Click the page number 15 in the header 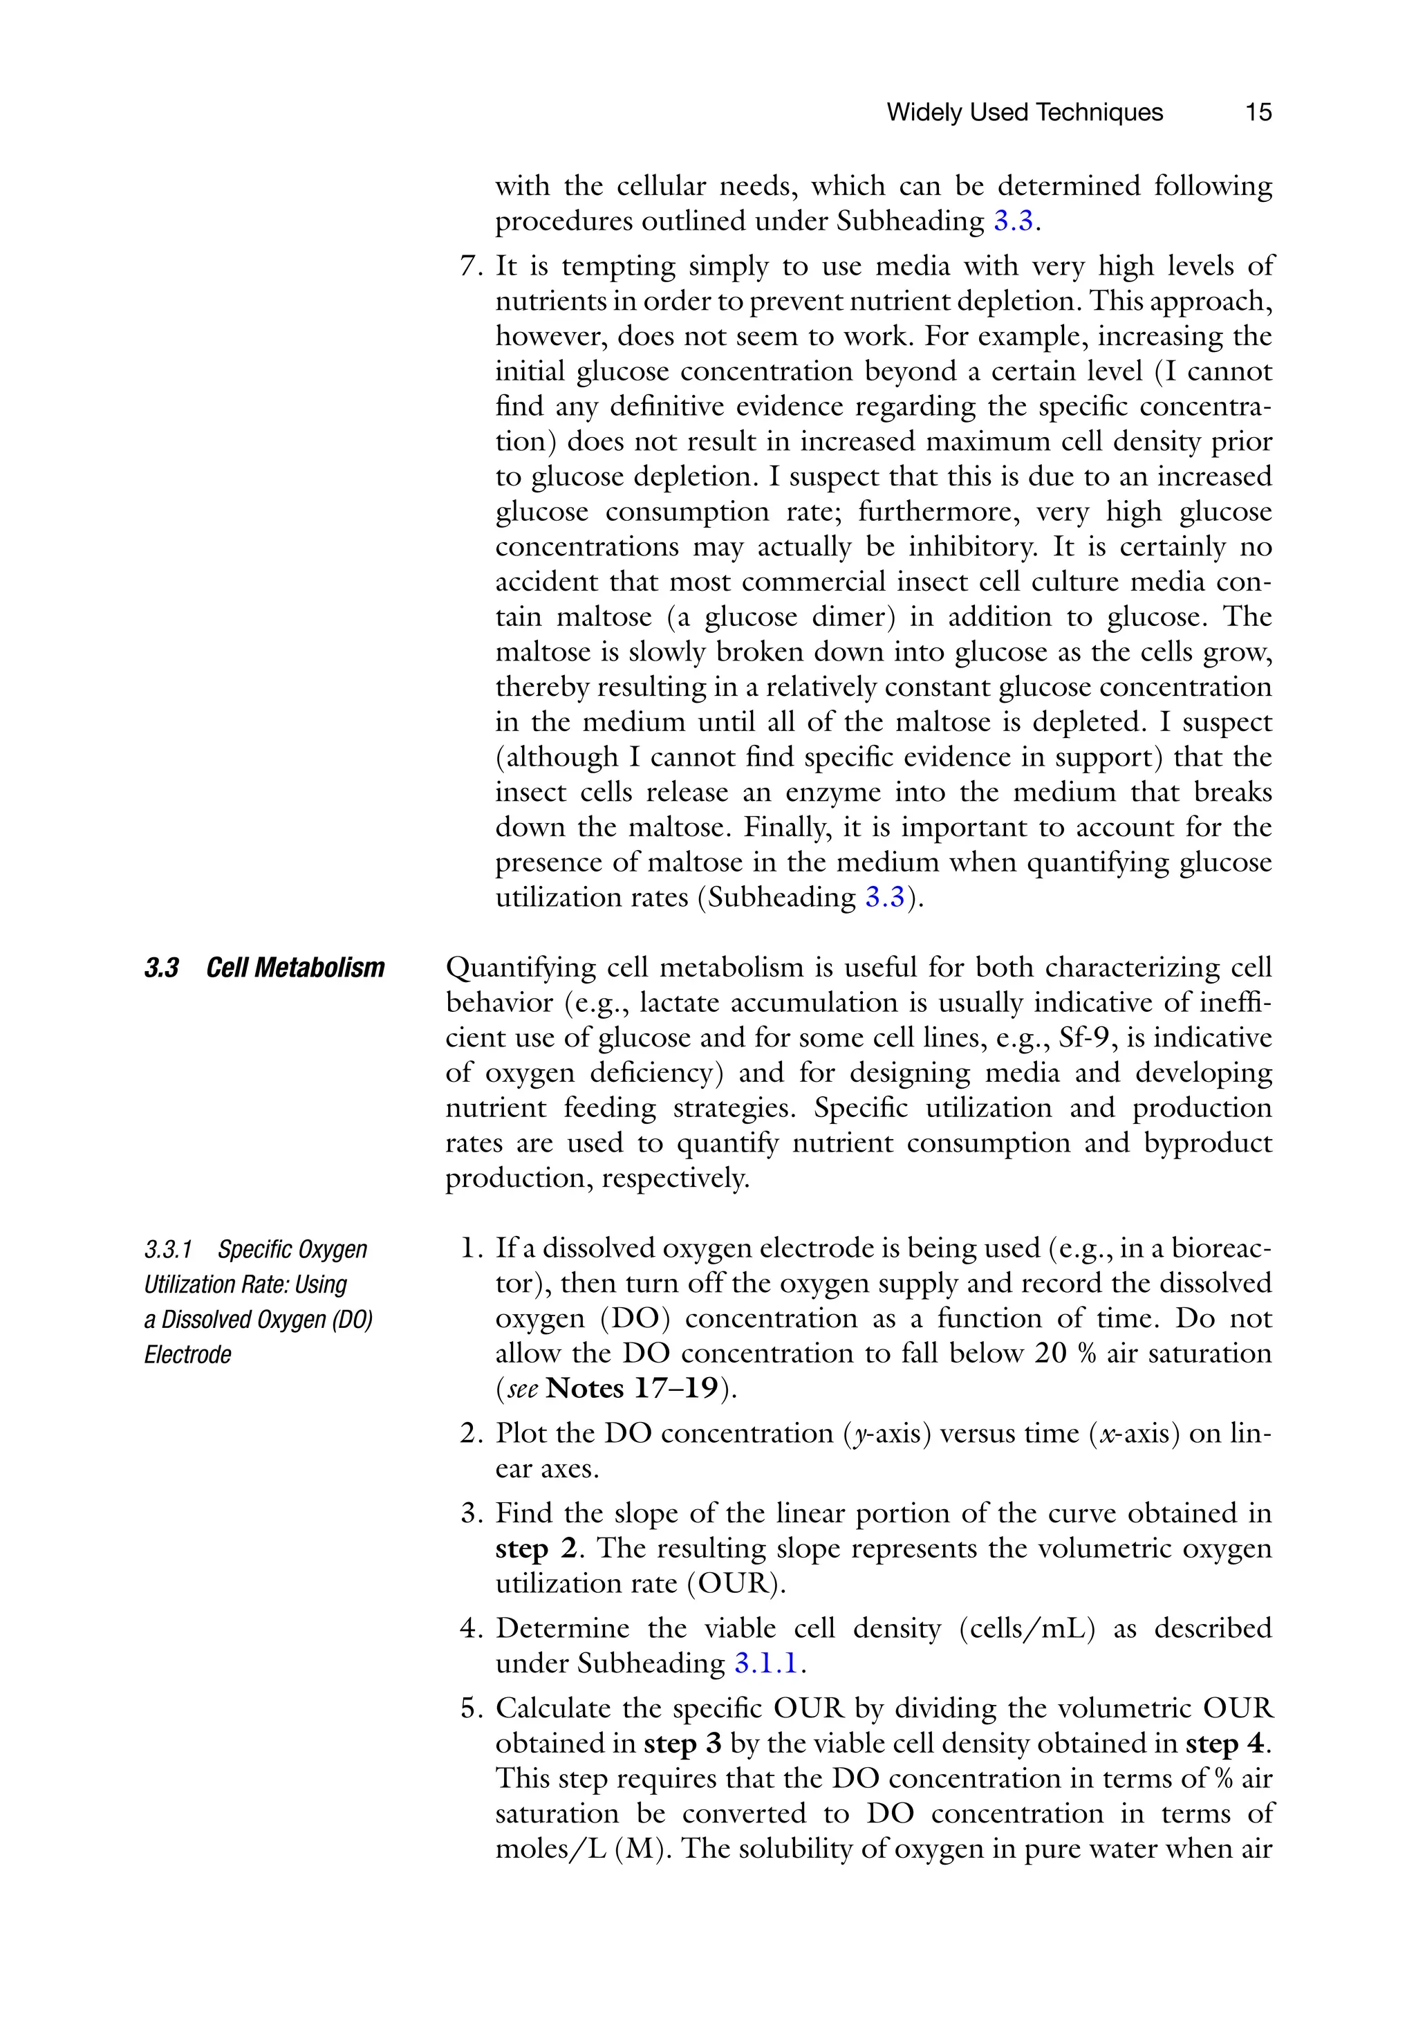click(1258, 113)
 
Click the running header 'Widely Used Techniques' click(1025, 113)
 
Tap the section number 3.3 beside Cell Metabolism click(162, 968)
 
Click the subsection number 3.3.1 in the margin click(168, 1249)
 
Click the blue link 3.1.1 click(765, 1663)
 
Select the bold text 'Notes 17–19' click(632, 1389)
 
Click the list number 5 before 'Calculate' click(468, 1708)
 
